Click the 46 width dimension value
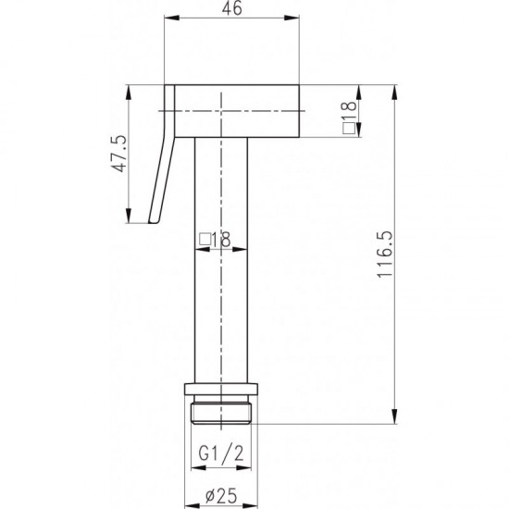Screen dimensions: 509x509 231,8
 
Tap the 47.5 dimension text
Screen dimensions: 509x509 118,154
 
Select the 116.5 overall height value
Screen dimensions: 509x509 385,254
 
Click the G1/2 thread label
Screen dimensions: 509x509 221,453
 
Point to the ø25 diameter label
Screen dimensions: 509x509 221,495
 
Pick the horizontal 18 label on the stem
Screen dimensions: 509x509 221,240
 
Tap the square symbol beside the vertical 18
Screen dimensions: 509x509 349,129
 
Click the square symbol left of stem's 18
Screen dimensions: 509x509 205,240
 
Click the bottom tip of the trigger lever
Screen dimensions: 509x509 154,223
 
